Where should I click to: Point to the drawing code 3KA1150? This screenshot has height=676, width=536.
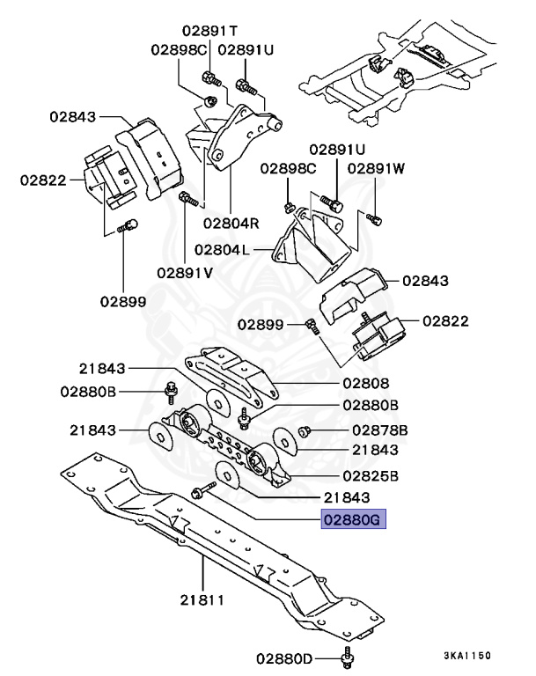pos(466,656)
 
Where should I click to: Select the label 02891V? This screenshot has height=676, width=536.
pos(185,272)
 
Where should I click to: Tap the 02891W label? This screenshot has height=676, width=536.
pos(377,167)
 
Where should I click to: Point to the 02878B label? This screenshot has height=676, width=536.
pos(380,430)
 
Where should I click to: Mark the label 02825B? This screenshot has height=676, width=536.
pos(370,476)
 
